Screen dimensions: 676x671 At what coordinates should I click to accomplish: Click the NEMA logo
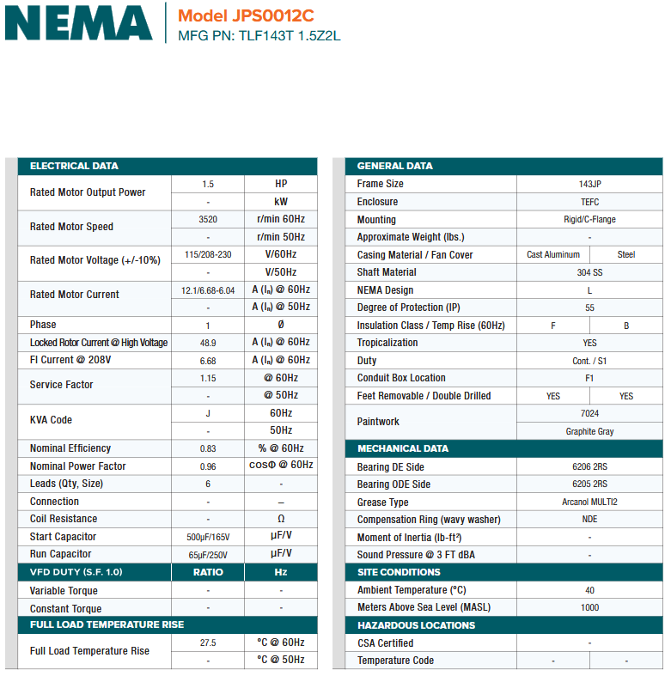tap(78, 23)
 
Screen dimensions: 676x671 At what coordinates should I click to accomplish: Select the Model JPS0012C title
tap(246, 15)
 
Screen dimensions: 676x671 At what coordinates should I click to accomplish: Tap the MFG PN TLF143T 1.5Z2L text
tap(259, 36)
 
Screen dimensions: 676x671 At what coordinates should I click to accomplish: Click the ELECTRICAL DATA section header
tap(74, 166)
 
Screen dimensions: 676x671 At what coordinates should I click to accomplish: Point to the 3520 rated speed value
tap(208, 219)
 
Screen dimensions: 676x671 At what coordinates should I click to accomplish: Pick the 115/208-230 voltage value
tap(208, 254)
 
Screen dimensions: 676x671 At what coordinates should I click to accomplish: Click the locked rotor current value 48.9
tap(208, 343)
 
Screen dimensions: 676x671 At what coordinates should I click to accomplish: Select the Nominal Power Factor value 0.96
tap(208, 466)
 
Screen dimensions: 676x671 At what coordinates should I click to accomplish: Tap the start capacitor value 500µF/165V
tap(208, 537)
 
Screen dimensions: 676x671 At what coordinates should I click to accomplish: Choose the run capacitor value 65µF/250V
tap(208, 555)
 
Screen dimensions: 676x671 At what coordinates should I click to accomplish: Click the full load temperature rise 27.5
tap(208, 643)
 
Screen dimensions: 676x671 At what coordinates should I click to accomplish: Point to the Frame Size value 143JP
tap(589, 184)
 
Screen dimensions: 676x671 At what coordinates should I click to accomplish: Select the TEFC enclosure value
tap(589, 202)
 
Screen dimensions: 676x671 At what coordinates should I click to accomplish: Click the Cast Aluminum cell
tap(553, 255)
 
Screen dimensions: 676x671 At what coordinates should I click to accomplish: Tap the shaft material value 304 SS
tap(589, 272)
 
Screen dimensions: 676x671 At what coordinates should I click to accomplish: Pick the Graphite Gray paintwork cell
tap(589, 431)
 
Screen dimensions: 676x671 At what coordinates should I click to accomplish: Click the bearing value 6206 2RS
tap(589, 467)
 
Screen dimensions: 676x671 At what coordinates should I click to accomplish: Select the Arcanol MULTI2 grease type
tap(589, 502)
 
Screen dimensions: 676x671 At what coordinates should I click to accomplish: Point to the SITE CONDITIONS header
tap(399, 572)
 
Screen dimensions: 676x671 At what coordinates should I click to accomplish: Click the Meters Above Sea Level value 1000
tap(589, 607)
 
